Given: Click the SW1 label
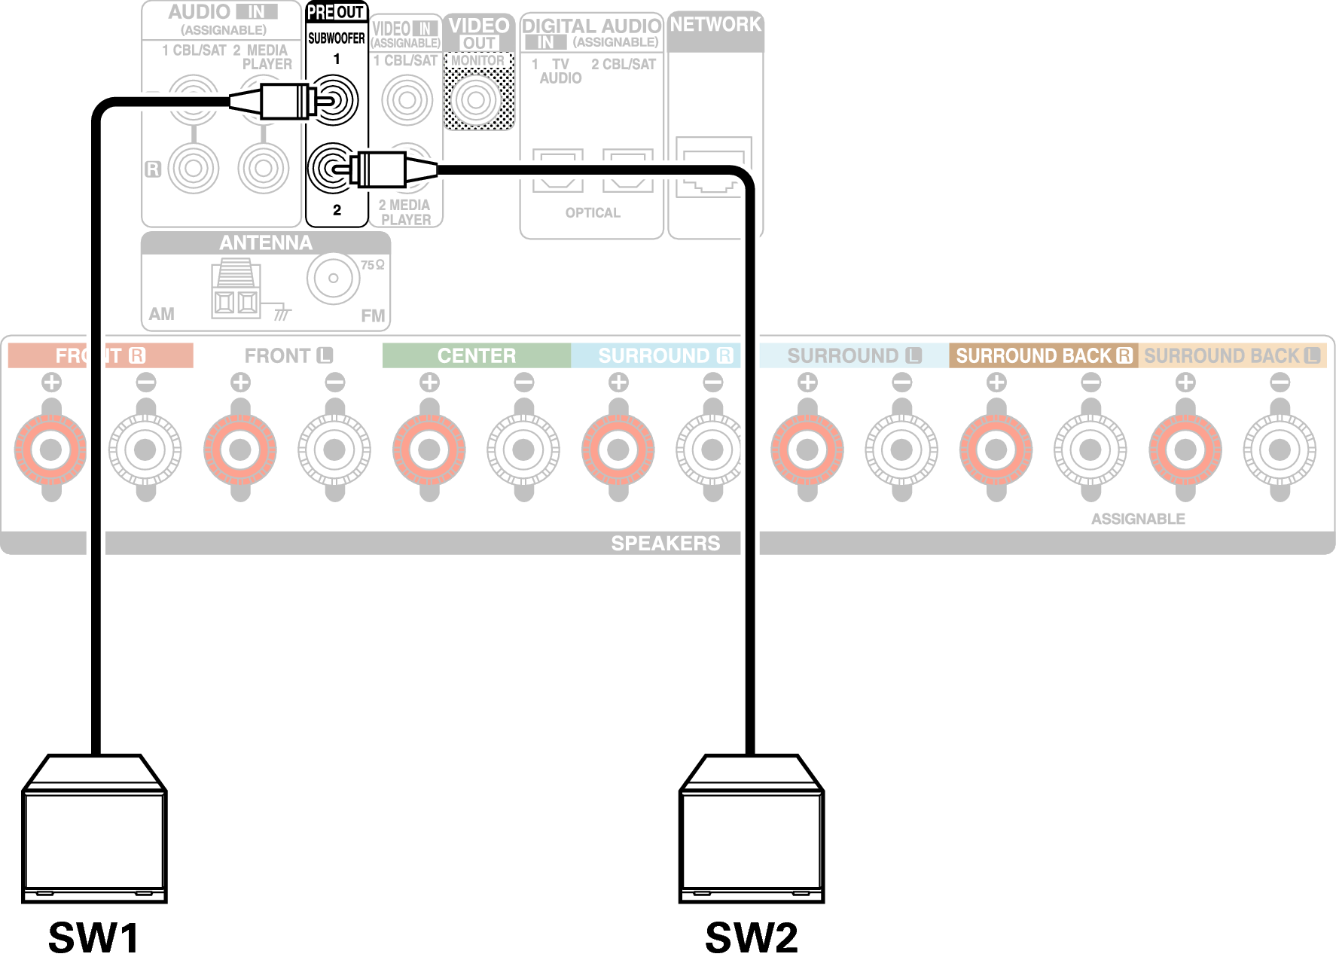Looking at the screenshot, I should [x=94, y=937].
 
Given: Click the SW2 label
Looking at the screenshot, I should [x=751, y=937].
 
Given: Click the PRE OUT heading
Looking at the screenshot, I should [x=336, y=13].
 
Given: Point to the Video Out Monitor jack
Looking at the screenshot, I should [x=477, y=99].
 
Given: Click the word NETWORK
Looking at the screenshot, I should [x=715, y=25].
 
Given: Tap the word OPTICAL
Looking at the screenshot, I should [x=593, y=213].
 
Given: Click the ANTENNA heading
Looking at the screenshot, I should [x=265, y=242].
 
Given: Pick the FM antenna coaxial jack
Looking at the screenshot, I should [x=333, y=278].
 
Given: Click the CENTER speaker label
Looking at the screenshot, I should [x=477, y=355].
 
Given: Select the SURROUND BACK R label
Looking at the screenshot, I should [x=1043, y=355].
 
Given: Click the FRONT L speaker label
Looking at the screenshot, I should [x=288, y=355].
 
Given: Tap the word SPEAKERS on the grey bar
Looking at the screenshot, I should [x=665, y=543].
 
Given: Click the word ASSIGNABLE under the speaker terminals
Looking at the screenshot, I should [x=1138, y=519].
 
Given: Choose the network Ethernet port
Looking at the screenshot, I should [x=713, y=169].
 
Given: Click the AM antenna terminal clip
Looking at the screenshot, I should [x=236, y=289].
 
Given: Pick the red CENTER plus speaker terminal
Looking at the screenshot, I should [x=429, y=450].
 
